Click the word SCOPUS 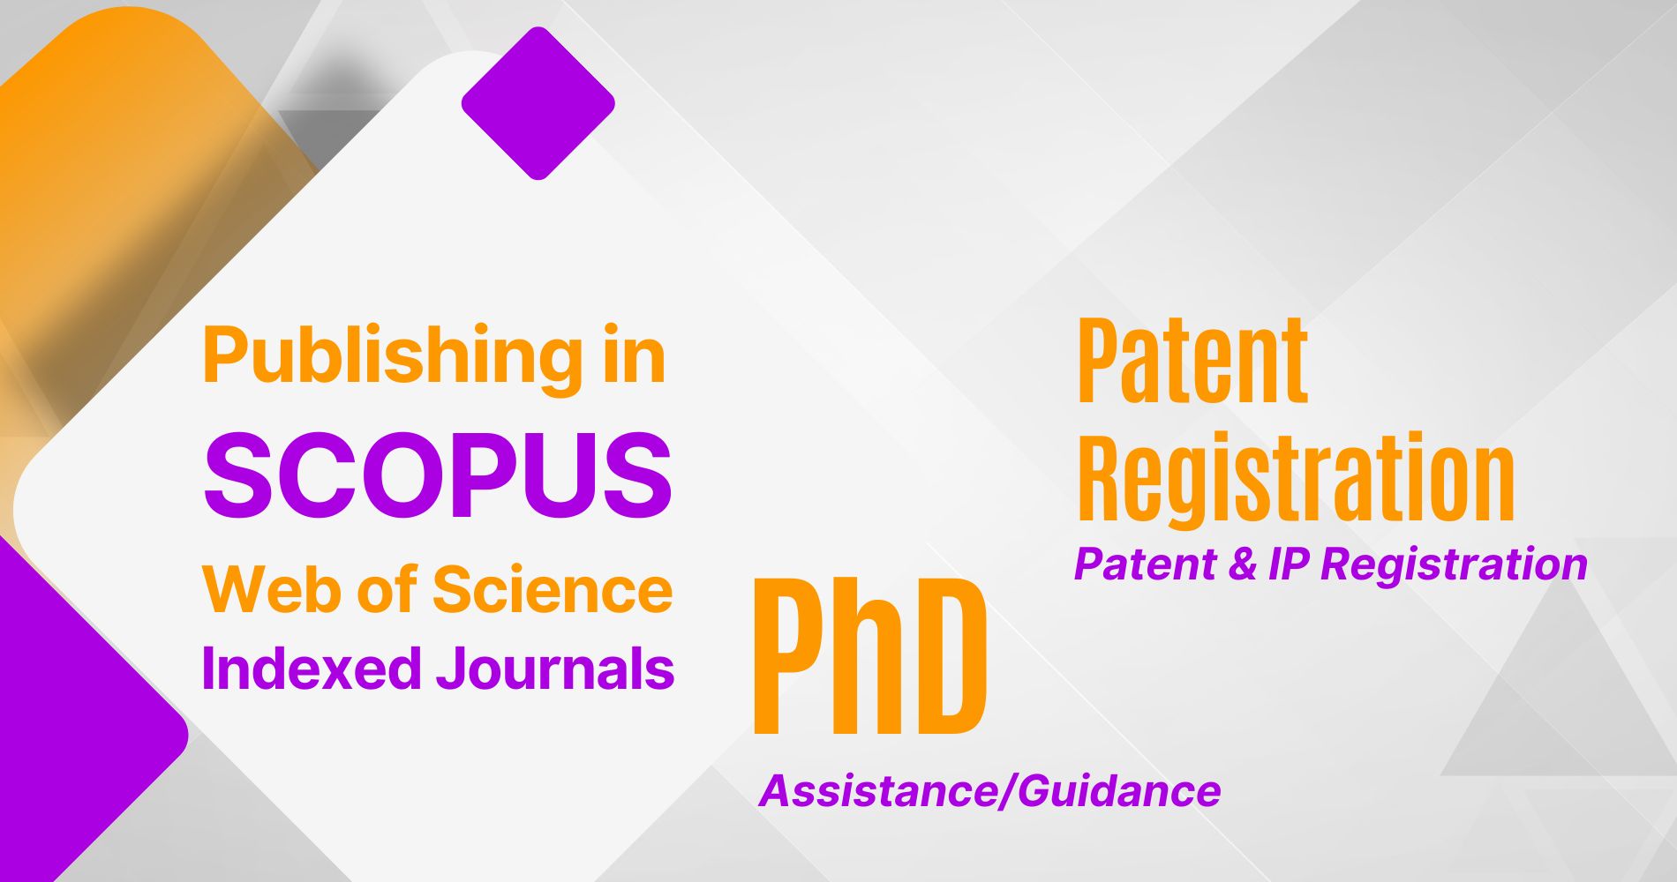(438, 475)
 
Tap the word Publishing (393, 357)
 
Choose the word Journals (555, 669)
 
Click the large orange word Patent (1192, 361)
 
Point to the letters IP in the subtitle (1291, 564)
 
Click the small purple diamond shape (538, 103)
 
